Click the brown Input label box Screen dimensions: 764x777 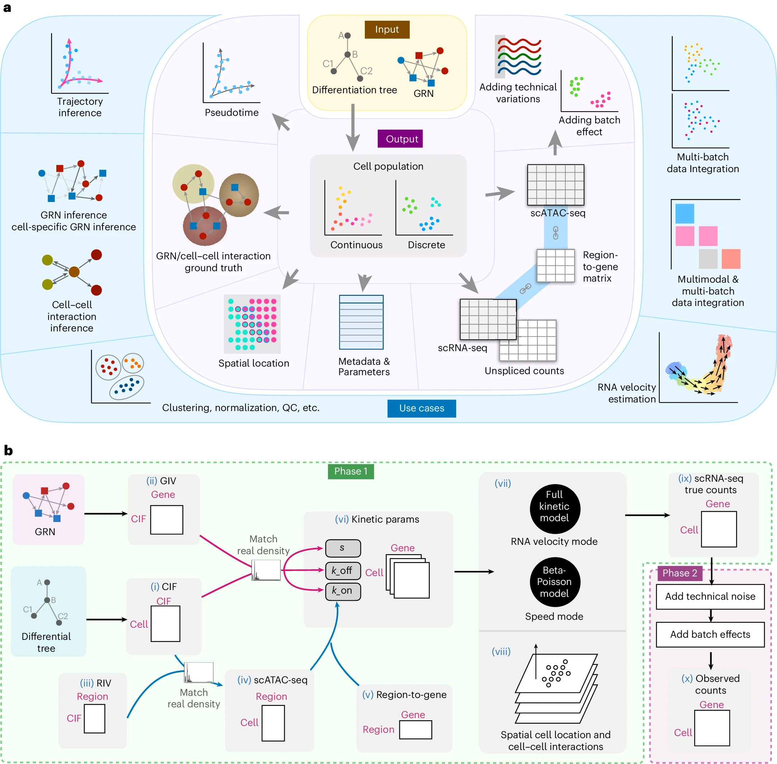(387, 29)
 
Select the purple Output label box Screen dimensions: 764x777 (400, 139)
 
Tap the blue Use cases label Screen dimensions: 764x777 (422, 408)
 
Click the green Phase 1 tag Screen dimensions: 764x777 (351, 471)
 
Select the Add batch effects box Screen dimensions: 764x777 (710, 635)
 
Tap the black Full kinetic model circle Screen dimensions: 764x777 (554, 506)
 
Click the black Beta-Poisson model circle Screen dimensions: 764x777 (554, 582)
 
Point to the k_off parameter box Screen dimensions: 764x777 (343, 570)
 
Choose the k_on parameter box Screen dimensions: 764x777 (343, 591)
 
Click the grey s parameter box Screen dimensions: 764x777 (343, 548)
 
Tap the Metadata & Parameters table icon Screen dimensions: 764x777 (361, 322)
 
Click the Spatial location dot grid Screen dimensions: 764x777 (252, 324)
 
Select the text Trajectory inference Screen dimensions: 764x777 (80, 107)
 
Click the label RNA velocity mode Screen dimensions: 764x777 (554, 541)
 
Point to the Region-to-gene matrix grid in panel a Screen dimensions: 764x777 (555, 266)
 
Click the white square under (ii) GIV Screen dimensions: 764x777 (166, 520)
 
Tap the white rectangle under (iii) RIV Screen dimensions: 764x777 (94, 719)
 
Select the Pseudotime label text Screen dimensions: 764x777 (232, 112)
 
